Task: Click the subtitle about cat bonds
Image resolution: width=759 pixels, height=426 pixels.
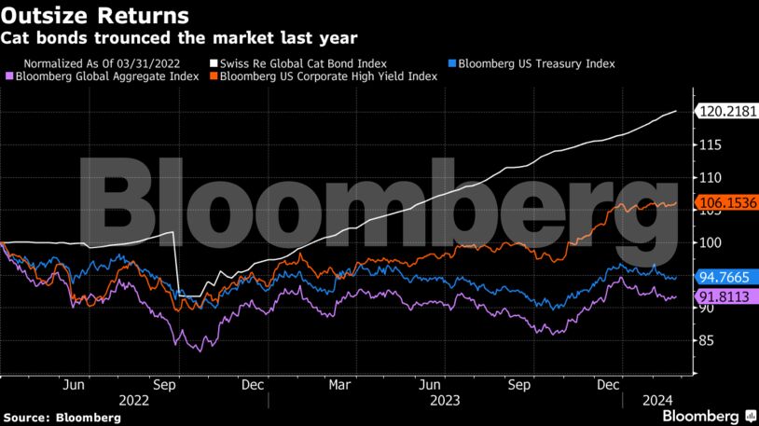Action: pyautogui.click(x=178, y=38)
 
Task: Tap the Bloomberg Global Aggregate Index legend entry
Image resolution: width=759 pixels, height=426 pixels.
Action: pyautogui.click(x=106, y=76)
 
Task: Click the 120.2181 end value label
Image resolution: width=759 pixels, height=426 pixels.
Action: pyautogui.click(x=727, y=113)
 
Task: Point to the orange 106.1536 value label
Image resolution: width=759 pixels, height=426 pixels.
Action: pyautogui.click(x=727, y=202)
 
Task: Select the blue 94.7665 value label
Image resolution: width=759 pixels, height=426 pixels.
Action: pyautogui.click(x=727, y=276)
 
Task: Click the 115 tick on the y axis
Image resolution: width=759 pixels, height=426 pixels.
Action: pyautogui.click(x=710, y=144)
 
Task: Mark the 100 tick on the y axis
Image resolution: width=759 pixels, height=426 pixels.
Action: pyautogui.click(x=710, y=242)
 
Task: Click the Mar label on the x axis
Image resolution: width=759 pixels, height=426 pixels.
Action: pyautogui.click(x=339, y=383)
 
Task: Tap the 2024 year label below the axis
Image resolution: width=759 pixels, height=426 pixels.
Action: pyautogui.click(x=658, y=401)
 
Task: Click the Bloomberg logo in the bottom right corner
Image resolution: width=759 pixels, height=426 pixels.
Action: pyautogui.click(x=710, y=414)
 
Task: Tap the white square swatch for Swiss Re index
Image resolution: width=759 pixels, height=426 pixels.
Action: pyautogui.click(x=213, y=63)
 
